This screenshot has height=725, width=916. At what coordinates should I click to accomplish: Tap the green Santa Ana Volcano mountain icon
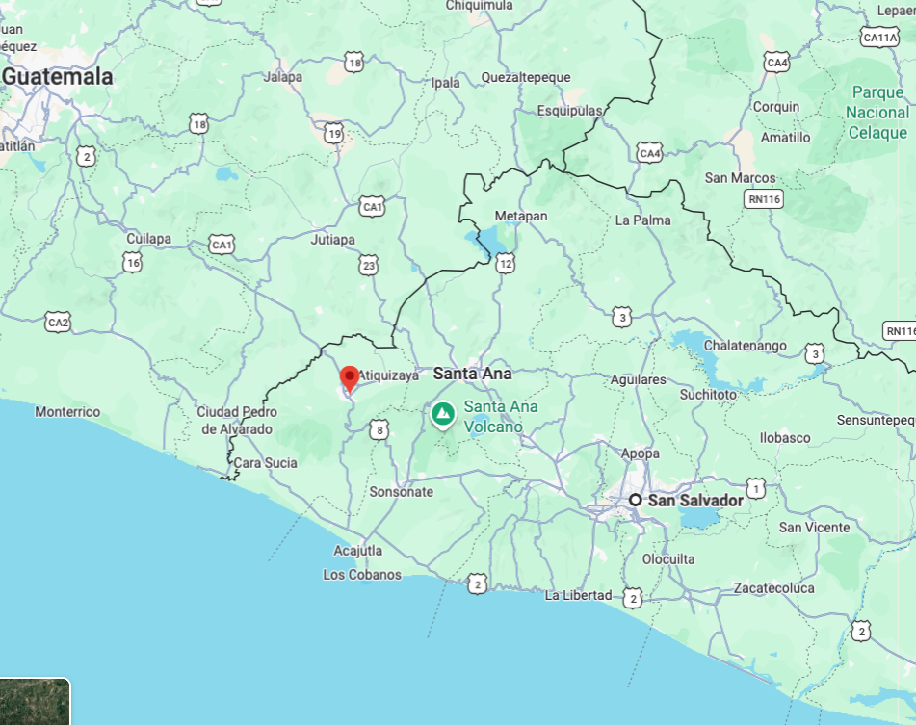point(443,414)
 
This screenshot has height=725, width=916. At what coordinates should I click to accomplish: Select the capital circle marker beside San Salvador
point(636,500)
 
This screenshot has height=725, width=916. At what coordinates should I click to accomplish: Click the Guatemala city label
point(58,76)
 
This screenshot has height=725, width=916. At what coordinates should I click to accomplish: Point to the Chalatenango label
point(746,346)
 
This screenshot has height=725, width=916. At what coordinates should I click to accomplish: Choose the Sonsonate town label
point(402,492)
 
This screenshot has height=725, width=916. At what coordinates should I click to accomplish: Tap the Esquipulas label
point(568,111)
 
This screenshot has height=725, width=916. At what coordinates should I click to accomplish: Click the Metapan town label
point(520,216)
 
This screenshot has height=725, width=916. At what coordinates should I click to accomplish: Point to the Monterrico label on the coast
point(67,412)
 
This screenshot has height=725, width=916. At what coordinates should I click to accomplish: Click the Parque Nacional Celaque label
point(877,113)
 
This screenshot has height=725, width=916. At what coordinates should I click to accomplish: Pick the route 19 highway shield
point(334,134)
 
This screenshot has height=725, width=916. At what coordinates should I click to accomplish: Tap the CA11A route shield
point(879,37)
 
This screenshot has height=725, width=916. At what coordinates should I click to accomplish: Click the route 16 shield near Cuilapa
point(132,261)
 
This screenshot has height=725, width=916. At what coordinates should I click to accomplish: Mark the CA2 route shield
point(58,322)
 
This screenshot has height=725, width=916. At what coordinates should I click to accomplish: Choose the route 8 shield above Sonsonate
point(379,429)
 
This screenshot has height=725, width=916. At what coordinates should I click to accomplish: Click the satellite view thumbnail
point(35,702)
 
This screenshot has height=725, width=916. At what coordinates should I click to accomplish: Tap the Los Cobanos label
point(362,575)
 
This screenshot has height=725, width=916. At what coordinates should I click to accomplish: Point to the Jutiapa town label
point(333,239)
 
